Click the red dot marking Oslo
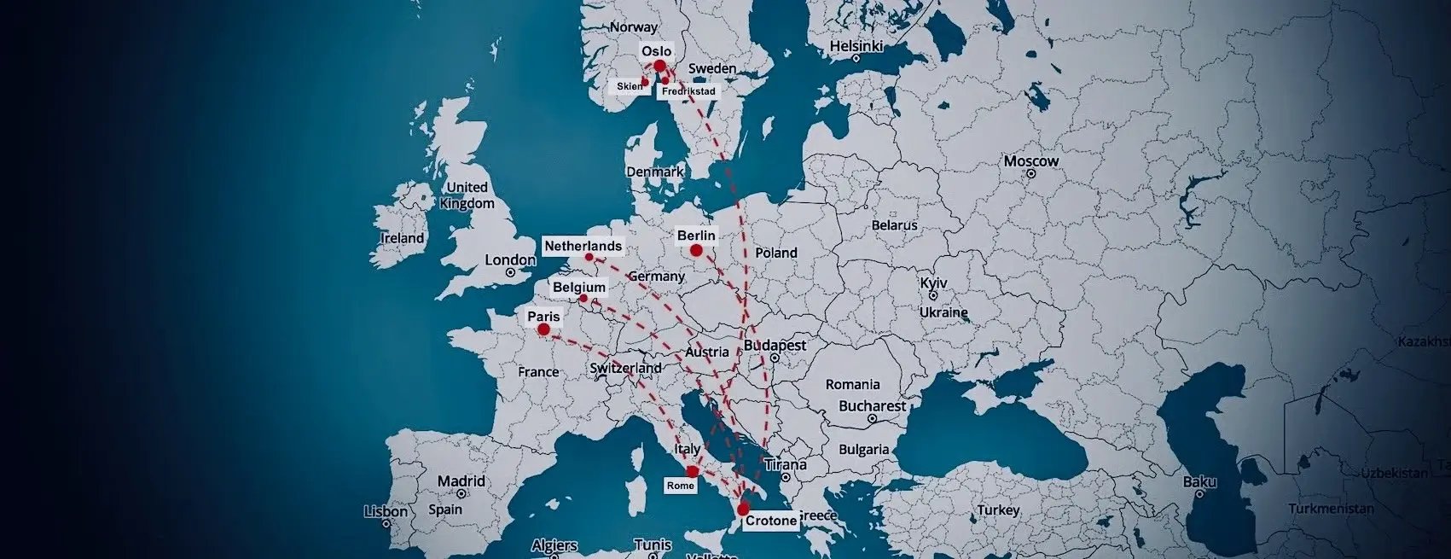coord(659,66)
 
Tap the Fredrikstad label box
coord(688,90)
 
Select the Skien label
coord(630,86)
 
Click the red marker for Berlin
coord(696,250)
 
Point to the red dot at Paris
coord(543,329)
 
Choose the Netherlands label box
coord(583,246)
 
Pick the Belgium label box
coord(579,288)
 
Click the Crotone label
coord(771,521)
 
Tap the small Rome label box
coord(681,485)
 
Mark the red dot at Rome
coord(693,471)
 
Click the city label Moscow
coord(1031,161)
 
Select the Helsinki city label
coord(856,46)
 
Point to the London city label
coord(510,260)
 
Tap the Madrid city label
coord(461,481)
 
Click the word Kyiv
coord(934,283)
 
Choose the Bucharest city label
coord(873,406)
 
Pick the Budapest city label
coord(775,346)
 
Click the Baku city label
coord(1199,482)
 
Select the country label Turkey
coord(999,510)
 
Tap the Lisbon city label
coord(386,511)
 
